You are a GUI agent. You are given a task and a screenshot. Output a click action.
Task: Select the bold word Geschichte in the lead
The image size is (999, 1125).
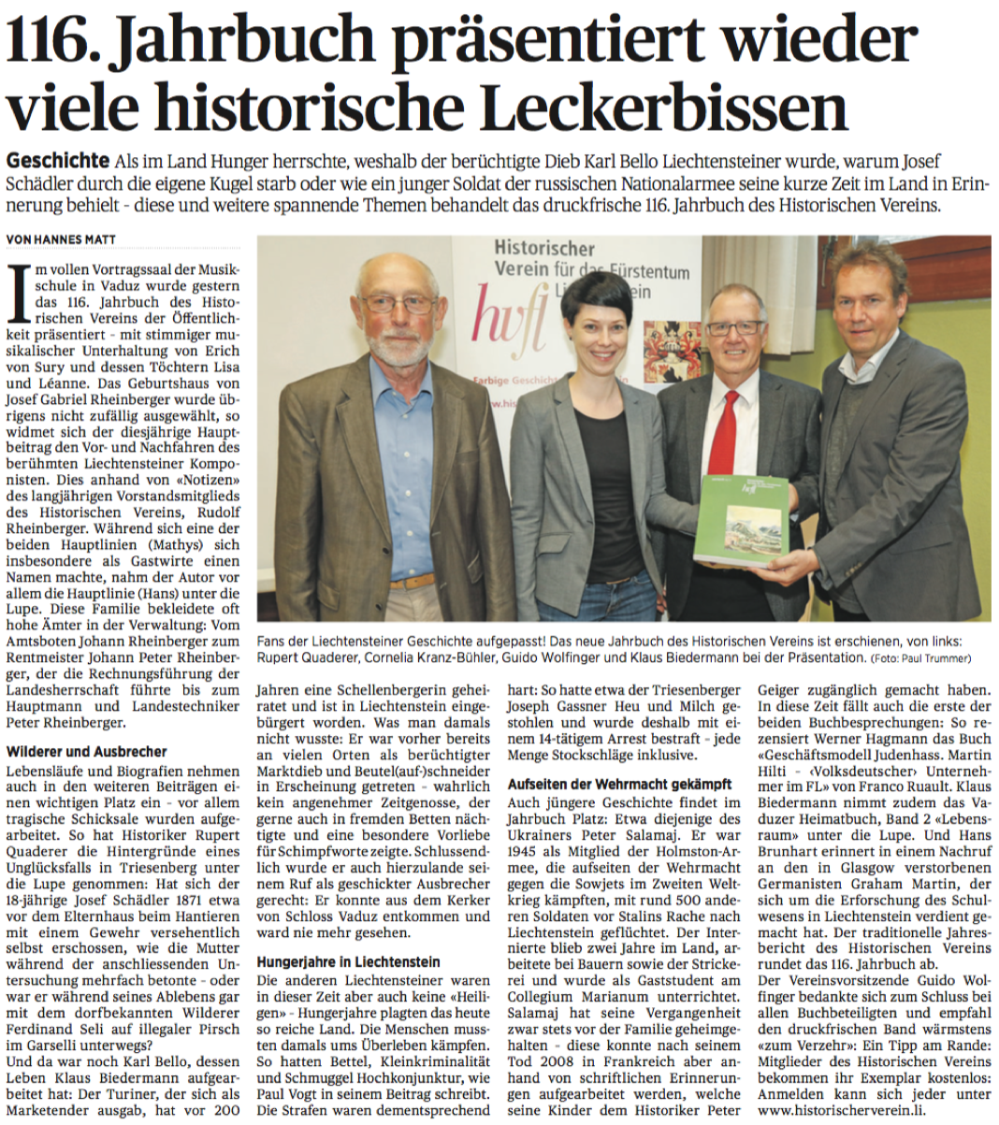[56, 160]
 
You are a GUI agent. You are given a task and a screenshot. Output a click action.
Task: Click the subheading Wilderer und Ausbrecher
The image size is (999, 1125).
[87, 751]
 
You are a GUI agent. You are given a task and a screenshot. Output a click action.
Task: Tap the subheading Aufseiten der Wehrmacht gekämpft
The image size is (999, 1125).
[619, 784]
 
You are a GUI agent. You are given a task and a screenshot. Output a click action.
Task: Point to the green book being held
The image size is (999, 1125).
[741, 519]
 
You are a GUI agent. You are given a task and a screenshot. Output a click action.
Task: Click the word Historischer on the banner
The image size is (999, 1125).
[543, 249]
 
